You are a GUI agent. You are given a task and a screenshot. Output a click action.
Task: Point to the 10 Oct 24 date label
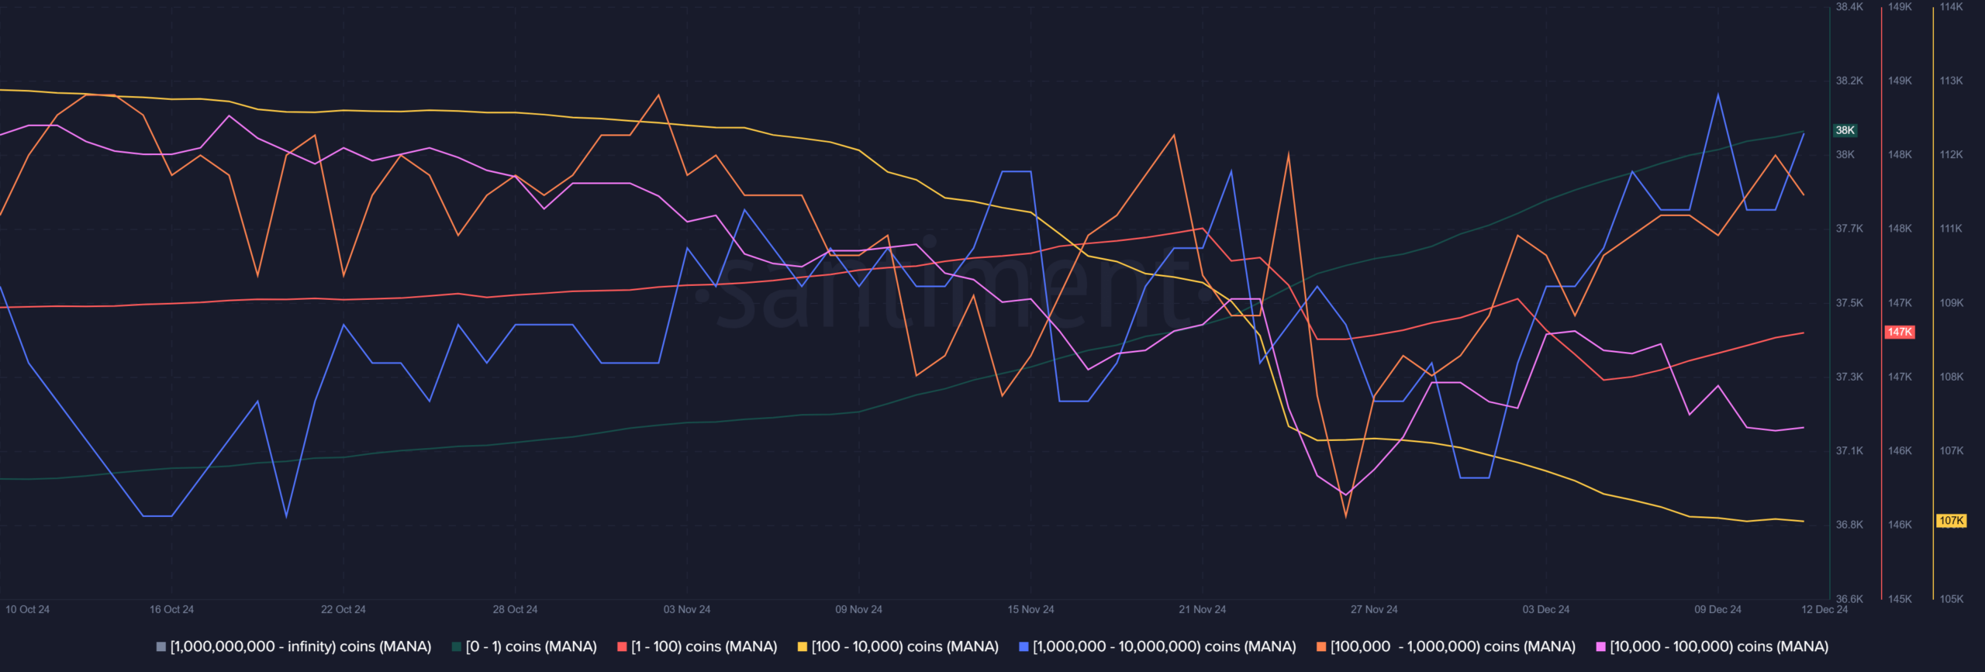click(28, 609)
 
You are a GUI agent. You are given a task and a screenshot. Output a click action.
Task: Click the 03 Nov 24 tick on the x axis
click(687, 609)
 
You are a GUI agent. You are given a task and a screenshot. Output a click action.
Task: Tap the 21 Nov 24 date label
click(1202, 609)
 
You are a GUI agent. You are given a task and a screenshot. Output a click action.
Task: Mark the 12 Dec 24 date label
click(1824, 609)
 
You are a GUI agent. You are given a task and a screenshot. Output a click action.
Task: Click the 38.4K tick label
click(1849, 7)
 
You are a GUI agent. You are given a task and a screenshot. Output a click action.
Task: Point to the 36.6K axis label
click(1849, 598)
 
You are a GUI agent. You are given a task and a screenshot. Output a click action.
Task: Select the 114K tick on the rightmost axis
click(1952, 7)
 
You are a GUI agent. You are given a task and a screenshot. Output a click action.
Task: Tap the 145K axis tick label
click(1900, 598)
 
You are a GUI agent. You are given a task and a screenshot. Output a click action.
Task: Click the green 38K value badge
click(1845, 130)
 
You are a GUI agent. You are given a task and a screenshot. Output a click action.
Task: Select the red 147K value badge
click(1900, 332)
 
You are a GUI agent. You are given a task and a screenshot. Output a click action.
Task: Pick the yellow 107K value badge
click(1952, 521)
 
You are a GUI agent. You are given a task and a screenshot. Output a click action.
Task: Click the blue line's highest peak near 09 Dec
click(1718, 95)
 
